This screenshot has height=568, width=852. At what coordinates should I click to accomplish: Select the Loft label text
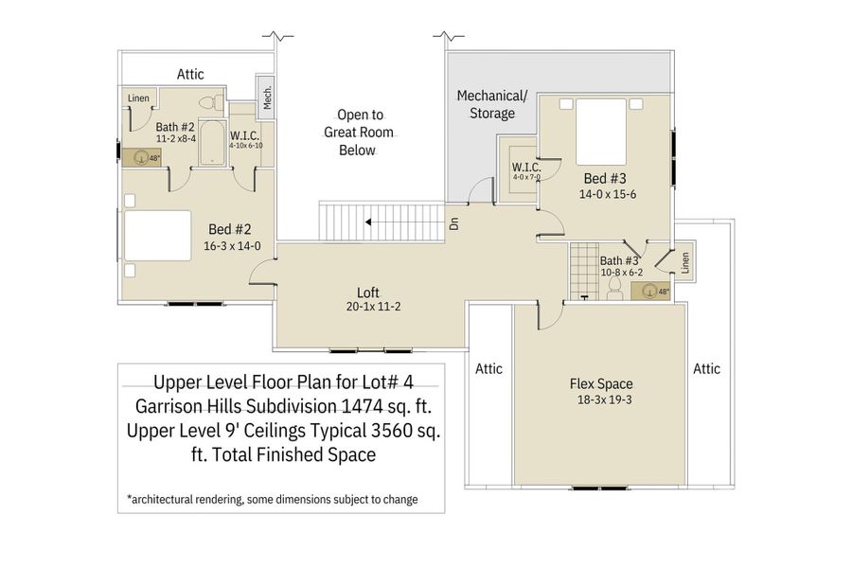(369, 292)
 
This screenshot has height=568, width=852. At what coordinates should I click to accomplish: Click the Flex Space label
(601, 383)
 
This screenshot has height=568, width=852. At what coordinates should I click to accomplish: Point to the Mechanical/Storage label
(491, 104)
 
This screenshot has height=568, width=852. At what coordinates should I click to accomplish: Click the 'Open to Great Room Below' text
(358, 133)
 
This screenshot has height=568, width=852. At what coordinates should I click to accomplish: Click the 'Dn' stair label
(454, 225)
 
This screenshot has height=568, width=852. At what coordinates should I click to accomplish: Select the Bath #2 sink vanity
(139, 158)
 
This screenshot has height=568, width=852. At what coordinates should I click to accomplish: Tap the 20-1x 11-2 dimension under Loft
(369, 307)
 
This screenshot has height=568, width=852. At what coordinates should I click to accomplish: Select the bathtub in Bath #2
(213, 144)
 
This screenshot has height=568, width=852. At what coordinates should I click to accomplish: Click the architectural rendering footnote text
(272, 499)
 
